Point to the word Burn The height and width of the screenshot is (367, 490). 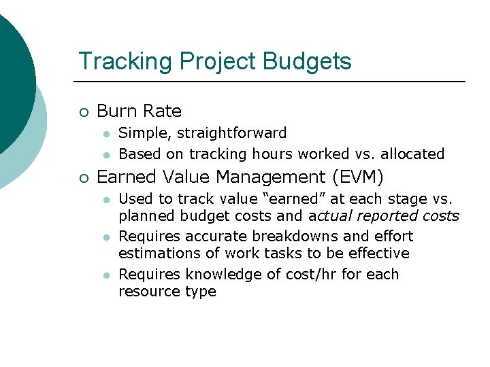(117, 111)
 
